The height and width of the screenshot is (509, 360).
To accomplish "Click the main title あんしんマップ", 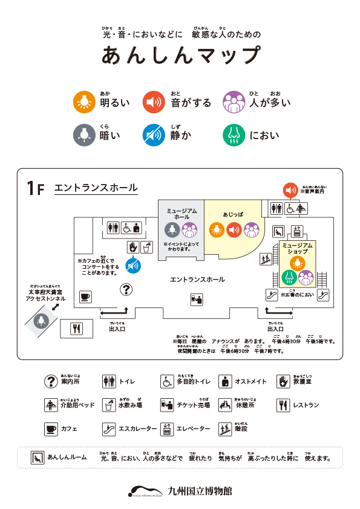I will (x=180, y=55).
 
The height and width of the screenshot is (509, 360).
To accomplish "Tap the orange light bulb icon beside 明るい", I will (x=82, y=102).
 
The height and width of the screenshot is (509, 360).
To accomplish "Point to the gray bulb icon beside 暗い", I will (x=82, y=134).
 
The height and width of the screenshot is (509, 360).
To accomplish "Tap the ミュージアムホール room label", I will (x=182, y=213).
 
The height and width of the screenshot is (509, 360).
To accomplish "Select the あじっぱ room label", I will (x=232, y=214).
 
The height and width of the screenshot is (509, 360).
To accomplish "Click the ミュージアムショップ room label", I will (x=297, y=248).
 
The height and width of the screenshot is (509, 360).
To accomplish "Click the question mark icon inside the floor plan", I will (x=126, y=290).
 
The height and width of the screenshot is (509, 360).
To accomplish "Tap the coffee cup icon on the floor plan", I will (x=85, y=297).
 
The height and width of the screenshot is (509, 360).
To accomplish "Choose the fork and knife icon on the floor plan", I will (x=77, y=329).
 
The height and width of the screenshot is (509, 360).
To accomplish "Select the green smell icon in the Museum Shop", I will (x=289, y=277).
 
